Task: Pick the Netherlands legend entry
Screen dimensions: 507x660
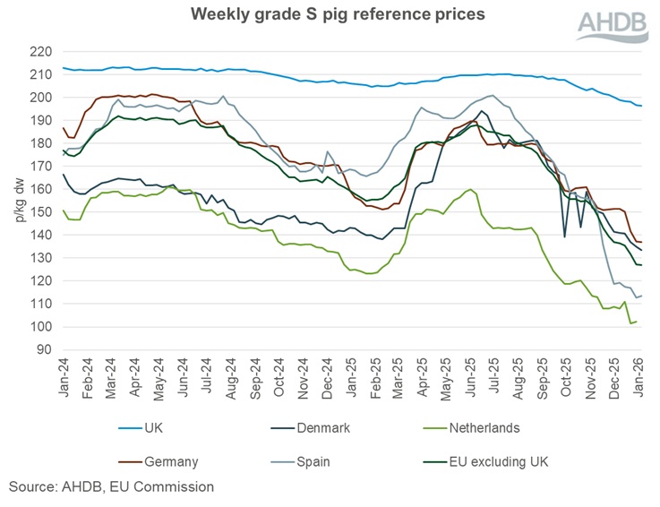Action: coord(485,428)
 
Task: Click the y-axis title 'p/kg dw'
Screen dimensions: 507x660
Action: coord(13,200)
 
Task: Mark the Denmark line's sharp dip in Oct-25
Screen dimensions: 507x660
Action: coord(564,236)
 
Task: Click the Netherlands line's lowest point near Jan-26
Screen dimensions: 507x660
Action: coord(630,323)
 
